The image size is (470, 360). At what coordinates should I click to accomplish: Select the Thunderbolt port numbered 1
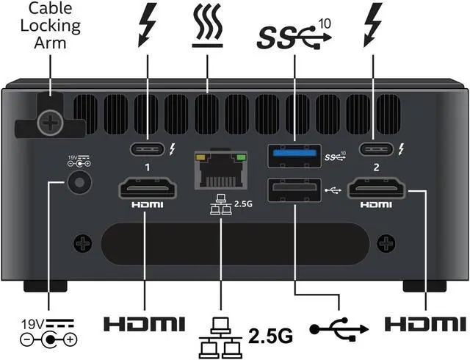pos(147,150)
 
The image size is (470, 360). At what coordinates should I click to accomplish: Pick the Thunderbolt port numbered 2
pos(376,150)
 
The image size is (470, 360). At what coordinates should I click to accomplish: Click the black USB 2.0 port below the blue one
pos(294,190)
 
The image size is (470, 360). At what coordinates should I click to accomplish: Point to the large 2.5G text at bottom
pos(270,336)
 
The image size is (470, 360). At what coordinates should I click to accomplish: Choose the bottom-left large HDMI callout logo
pos(143,323)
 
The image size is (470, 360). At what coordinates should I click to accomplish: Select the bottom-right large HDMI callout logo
pos(426,323)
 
